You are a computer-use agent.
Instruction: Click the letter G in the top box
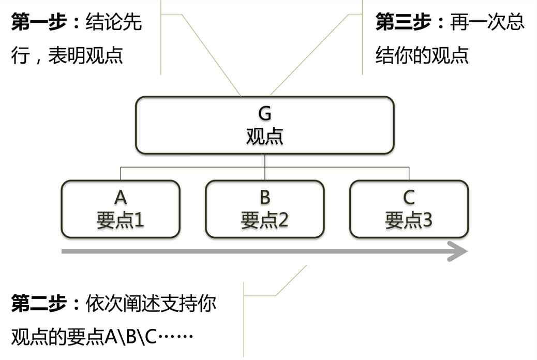click(x=265, y=114)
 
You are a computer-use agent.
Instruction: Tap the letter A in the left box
click(x=121, y=197)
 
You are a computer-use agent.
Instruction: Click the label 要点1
click(x=121, y=220)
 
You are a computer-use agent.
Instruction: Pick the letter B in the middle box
click(x=265, y=197)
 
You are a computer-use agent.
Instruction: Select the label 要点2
click(x=265, y=220)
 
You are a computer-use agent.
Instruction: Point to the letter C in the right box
click(x=409, y=197)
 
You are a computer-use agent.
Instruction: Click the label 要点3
click(x=409, y=220)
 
